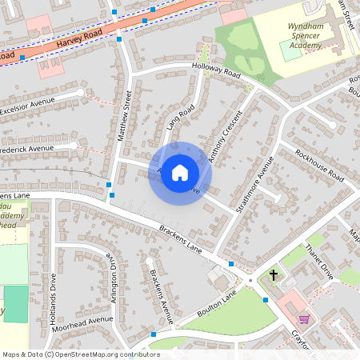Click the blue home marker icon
click(180, 173)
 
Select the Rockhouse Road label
click(318, 165)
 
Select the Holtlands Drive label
click(53, 293)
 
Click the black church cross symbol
click(274, 276)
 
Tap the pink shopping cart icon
click(304, 318)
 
